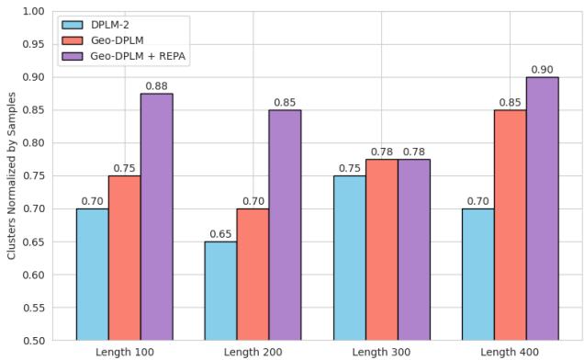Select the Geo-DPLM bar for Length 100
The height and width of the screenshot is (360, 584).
coord(124,257)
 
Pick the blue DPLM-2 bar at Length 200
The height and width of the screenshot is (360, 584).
coord(220,290)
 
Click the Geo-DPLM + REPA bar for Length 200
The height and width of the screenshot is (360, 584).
coord(285,225)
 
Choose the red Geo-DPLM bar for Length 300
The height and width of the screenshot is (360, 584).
coord(381,250)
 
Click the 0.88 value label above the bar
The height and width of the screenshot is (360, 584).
coord(156,86)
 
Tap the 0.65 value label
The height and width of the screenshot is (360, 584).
coord(220,234)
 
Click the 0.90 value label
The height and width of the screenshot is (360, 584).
coord(542,70)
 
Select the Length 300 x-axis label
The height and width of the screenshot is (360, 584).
coord(381,353)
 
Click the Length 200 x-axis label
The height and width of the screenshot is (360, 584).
coord(253,353)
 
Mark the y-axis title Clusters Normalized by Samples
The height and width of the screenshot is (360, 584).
coord(11,176)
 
